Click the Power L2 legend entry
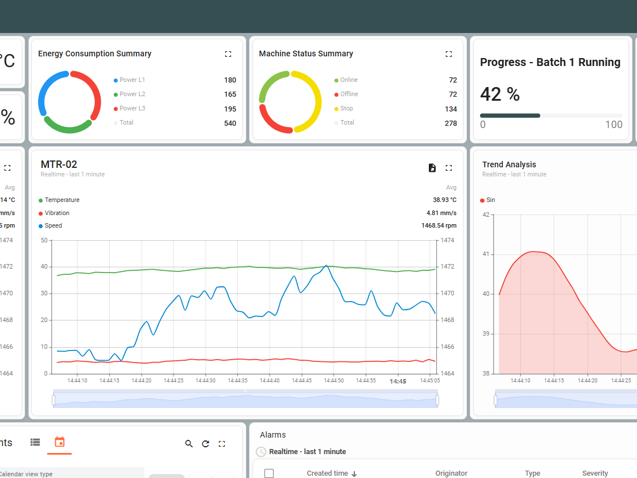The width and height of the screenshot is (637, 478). (x=132, y=94)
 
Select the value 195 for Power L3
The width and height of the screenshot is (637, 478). (x=230, y=109)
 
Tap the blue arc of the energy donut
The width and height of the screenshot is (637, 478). (x=45, y=91)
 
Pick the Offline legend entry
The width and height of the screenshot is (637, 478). (x=349, y=94)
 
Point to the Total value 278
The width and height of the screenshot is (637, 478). (x=450, y=123)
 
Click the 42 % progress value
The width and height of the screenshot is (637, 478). (x=500, y=94)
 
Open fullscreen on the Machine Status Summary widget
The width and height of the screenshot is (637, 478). (x=449, y=54)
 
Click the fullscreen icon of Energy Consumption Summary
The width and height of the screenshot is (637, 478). (x=228, y=54)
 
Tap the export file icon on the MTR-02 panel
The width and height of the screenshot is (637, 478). (x=432, y=168)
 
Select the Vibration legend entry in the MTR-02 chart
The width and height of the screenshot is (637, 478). (x=57, y=213)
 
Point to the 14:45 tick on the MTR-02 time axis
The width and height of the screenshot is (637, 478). (x=398, y=381)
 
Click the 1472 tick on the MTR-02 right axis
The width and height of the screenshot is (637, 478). (x=447, y=266)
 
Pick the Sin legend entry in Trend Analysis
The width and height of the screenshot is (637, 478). (x=490, y=200)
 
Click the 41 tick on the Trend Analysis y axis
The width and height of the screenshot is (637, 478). (x=486, y=254)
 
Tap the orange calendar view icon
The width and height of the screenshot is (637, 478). (x=60, y=442)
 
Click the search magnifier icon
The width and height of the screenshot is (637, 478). (x=189, y=444)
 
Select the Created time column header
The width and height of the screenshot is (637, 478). (x=327, y=473)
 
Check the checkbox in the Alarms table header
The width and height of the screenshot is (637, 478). (x=269, y=473)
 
